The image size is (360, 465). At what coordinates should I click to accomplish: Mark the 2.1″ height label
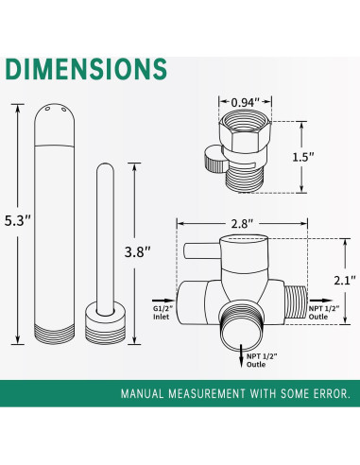pyautogui.click(x=341, y=281)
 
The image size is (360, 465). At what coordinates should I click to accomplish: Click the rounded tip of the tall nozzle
pyautogui.click(x=53, y=115)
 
